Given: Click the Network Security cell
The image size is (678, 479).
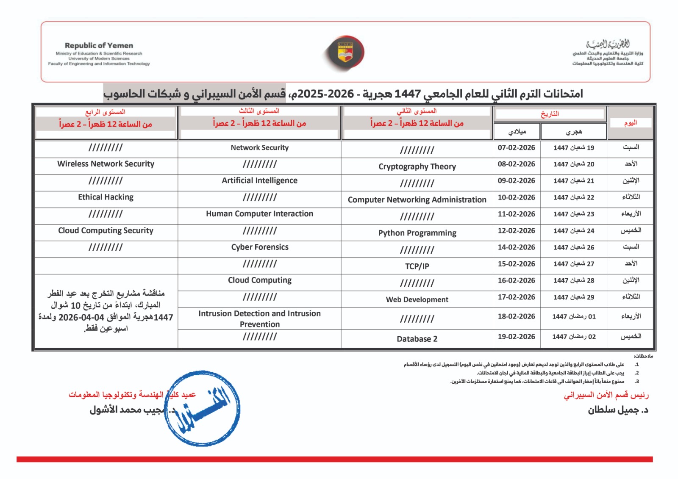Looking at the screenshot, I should pyautogui.click(x=259, y=148).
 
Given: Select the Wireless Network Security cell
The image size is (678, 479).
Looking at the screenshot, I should pyautogui.click(x=106, y=164).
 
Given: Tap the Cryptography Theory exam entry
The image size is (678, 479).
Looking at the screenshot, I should pyautogui.click(x=417, y=166).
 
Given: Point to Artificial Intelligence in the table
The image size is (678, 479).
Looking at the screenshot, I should pyautogui.click(x=259, y=180).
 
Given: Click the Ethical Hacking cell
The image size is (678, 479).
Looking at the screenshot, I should pyautogui.click(x=106, y=197).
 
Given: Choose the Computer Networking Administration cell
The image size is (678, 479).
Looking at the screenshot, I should pyautogui.click(x=417, y=199).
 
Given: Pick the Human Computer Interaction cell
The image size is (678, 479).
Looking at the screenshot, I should pyautogui.click(x=259, y=214).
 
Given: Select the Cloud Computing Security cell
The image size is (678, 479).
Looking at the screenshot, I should pyautogui.click(x=106, y=230).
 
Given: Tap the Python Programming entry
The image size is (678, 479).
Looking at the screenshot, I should pyautogui.click(x=417, y=233).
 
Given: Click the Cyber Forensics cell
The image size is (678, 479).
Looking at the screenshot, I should pyautogui.click(x=259, y=247).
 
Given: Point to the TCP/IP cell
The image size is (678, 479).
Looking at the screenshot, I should pyautogui.click(x=417, y=266).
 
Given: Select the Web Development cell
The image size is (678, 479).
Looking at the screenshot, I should pyautogui.click(x=417, y=299).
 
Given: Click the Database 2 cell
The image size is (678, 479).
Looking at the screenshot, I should pyautogui.click(x=417, y=339).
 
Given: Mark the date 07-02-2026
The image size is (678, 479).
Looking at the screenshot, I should pyautogui.click(x=516, y=148).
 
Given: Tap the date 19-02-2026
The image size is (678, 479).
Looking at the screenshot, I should pyautogui.click(x=516, y=337).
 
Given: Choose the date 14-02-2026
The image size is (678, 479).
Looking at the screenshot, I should pyautogui.click(x=516, y=247).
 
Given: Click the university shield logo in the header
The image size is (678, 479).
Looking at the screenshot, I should pyautogui.click(x=345, y=53).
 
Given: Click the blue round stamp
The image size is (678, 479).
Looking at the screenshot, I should pyautogui.click(x=202, y=408).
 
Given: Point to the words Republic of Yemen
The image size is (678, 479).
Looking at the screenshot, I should pyautogui.click(x=99, y=45).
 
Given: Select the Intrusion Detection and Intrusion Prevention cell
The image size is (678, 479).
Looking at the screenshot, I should pyautogui.click(x=259, y=318).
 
